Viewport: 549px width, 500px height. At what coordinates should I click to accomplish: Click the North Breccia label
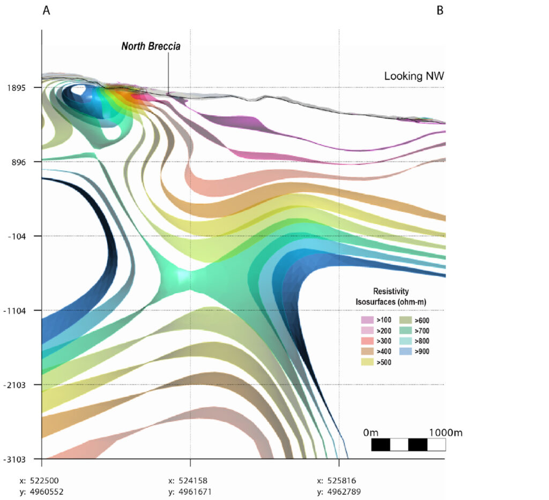pos(151,47)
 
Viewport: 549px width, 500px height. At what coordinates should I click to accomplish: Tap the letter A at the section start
pos(47,11)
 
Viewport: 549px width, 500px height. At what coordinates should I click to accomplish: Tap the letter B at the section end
pos(440,11)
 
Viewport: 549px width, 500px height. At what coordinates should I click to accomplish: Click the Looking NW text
pos(414,76)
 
